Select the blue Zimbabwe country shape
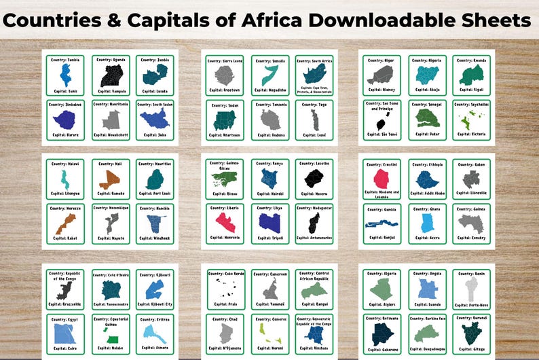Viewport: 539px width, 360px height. pyautogui.click(x=66, y=120)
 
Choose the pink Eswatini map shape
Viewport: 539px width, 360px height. pyautogui.click(x=381, y=179)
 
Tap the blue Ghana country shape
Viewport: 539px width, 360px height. pyautogui.click(x=426, y=222)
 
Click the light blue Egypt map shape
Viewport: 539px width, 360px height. pyautogui.click(x=66, y=334)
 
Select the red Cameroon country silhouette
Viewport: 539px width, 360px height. pyautogui.click(x=269, y=290)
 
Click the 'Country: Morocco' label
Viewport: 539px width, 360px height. pyautogui.click(x=65, y=208)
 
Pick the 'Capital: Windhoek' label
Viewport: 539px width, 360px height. pyautogui.click(x=155, y=238)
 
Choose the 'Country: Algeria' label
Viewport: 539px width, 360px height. pyautogui.click(x=381, y=273)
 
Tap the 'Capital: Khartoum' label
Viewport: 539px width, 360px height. pyautogui.click(x=225, y=134)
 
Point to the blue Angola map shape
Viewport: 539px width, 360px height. pyautogui.click(x=426, y=289)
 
